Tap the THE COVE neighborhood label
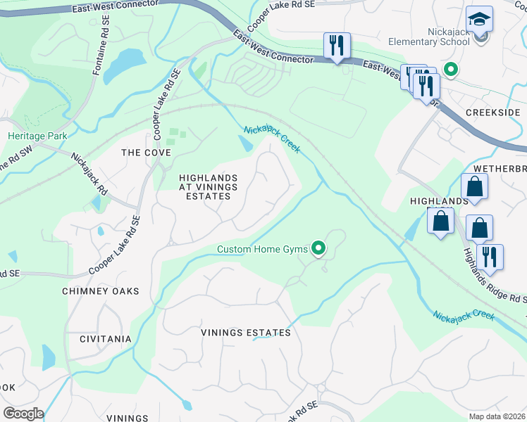click(x=147, y=153)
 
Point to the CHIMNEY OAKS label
click(x=101, y=291)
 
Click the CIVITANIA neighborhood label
click(x=105, y=339)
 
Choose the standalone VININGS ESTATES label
click(x=245, y=333)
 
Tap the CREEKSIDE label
click(x=492, y=113)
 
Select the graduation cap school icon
click(x=480, y=20)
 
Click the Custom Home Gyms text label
click(x=262, y=249)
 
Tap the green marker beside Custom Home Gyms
click(x=318, y=247)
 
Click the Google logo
click(x=23, y=414)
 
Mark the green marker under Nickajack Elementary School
click(x=449, y=69)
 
